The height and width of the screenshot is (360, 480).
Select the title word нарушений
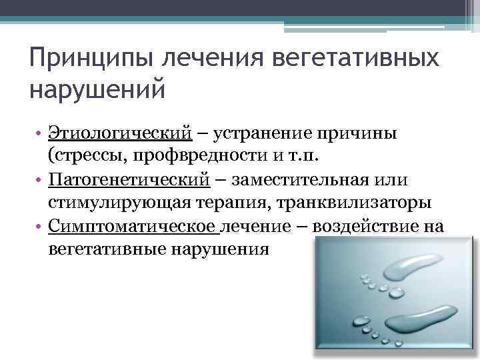point(96,88)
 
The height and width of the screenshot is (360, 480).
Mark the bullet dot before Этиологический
point(41,134)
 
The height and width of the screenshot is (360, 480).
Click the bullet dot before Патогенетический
point(41,181)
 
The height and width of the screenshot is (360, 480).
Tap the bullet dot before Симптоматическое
point(41,227)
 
